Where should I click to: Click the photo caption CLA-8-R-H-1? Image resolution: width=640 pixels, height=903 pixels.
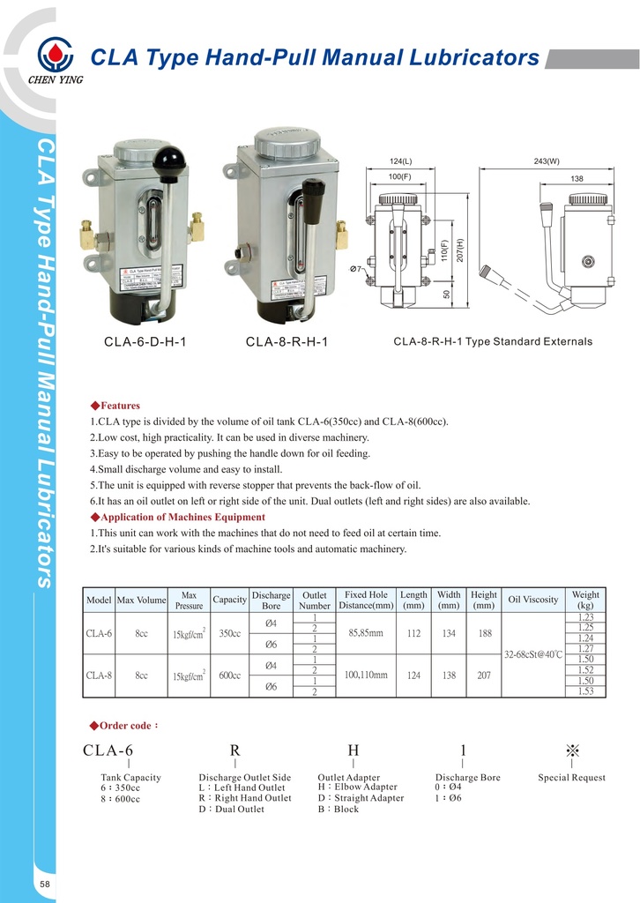click(287, 341)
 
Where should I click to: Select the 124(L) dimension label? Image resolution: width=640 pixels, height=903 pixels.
click(401, 161)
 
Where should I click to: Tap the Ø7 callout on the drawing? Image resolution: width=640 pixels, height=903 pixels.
click(357, 268)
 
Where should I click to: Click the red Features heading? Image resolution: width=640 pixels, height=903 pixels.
click(115, 406)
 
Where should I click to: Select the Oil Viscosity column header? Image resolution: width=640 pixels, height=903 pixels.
click(533, 600)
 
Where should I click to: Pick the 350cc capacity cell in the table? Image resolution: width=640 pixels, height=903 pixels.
click(229, 633)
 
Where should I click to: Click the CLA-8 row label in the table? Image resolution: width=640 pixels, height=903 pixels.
click(98, 675)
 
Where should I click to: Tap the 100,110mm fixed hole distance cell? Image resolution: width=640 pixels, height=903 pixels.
click(367, 675)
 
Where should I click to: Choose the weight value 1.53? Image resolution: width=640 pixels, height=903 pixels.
click(585, 692)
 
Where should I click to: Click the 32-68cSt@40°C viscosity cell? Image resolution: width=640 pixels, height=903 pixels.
click(533, 655)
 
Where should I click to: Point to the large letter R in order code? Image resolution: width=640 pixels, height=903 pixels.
click(234, 750)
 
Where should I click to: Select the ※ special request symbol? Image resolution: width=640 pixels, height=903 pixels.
click(572, 750)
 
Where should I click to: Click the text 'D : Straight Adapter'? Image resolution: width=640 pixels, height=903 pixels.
click(361, 798)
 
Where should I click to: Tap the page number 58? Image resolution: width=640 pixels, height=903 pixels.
click(45, 884)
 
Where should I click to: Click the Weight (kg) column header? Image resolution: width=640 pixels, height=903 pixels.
click(585, 600)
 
